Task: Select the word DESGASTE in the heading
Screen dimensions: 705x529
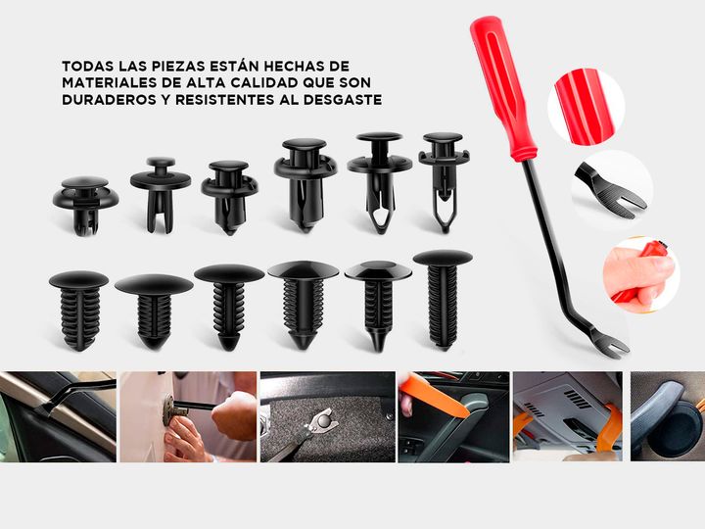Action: (343, 99)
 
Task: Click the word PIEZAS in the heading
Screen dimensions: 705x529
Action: (180, 67)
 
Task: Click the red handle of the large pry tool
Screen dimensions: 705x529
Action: (502, 88)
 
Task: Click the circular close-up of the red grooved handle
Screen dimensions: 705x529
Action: (586, 107)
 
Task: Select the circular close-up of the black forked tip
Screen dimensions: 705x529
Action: (612, 190)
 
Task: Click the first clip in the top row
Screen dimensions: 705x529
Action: (85, 205)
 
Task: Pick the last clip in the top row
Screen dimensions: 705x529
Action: (444, 182)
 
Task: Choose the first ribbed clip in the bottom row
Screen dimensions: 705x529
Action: (79, 310)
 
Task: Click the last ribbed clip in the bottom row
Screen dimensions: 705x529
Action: (443, 300)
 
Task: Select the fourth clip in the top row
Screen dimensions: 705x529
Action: (305, 184)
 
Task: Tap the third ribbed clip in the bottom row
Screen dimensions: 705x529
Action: (229, 307)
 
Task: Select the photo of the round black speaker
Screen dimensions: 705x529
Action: (668, 416)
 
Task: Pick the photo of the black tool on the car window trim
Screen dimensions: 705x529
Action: (58, 416)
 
